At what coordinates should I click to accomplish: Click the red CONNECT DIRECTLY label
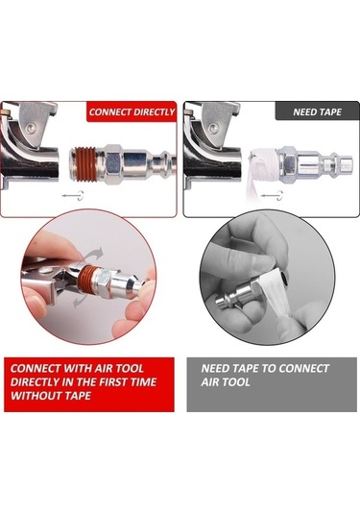132,112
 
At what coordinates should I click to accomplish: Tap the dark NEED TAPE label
317,112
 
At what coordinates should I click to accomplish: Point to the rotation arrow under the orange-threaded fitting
73,195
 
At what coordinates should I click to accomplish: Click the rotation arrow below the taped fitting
272,195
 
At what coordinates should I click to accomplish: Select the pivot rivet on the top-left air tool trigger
31,127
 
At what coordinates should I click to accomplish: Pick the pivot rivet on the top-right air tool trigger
213,127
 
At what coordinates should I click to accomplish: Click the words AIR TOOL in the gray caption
226,381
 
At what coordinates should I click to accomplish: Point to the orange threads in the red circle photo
89,277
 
